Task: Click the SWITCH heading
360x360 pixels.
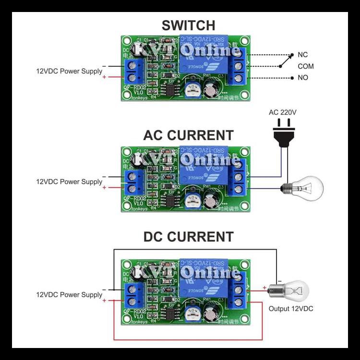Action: pyautogui.click(x=188, y=25)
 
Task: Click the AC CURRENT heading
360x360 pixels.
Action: pyautogui.click(x=188, y=135)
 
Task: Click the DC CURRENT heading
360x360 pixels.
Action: pyautogui.click(x=188, y=237)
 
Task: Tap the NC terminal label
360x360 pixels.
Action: pyautogui.click(x=303, y=55)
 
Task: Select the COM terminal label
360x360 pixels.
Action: pyautogui.click(x=305, y=67)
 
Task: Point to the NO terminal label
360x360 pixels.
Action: pyautogui.click(x=303, y=78)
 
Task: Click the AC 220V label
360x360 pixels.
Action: pyautogui.click(x=283, y=112)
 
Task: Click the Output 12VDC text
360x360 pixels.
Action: pyautogui.click(x=290, y=309)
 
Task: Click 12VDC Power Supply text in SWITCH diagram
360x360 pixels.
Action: pyautogui.click(x=69, y=71)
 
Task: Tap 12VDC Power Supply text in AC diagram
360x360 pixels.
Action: pyautogui.click(x=69, y=182)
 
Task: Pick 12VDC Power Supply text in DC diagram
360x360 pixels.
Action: pyautogui.click(x=69, y=295)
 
